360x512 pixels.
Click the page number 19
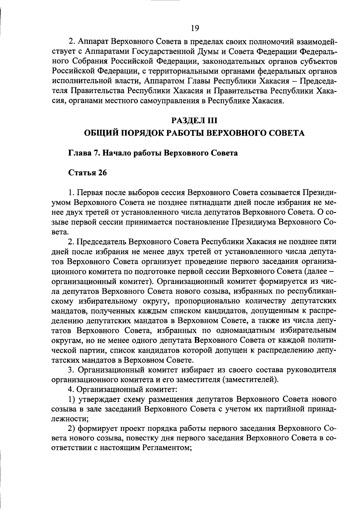(x=195, y=28)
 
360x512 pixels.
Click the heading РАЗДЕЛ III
(x=194, y=120)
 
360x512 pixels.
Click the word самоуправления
(x=170, y=101)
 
